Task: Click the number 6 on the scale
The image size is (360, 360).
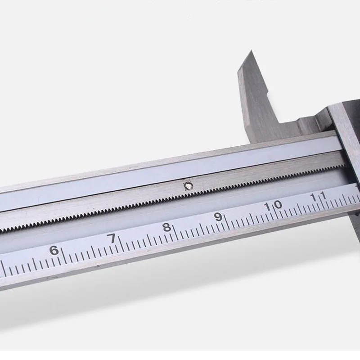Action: pyautogui.click(x=54, y=250)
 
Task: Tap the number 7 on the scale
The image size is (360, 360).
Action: pyautogui.click(x=112, y=238)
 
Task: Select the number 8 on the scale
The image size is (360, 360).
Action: pyautogui.click(x=167, y=228)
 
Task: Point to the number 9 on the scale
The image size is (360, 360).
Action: pyautogui.click(x=218, y=217)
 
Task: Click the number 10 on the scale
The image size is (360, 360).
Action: pyautogui.click(x=273, y=205)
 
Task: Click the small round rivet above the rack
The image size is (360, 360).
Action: pyautogui.click(x=189, y=186)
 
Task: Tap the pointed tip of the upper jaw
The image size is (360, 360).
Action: pyautogui.click(x=251, y=50)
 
